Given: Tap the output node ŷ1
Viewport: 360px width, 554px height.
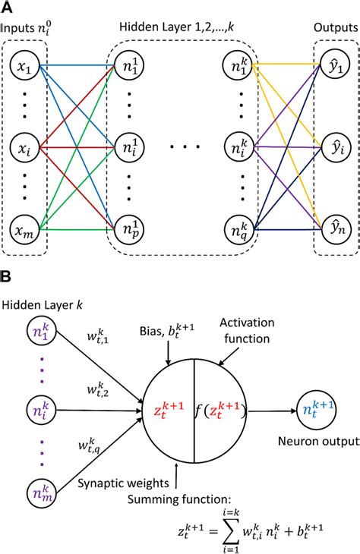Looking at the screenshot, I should tap(331, 68).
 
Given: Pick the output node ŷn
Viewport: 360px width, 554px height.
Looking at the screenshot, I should tap(331, 225).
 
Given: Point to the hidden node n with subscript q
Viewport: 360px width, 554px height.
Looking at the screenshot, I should tap(239, 225).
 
